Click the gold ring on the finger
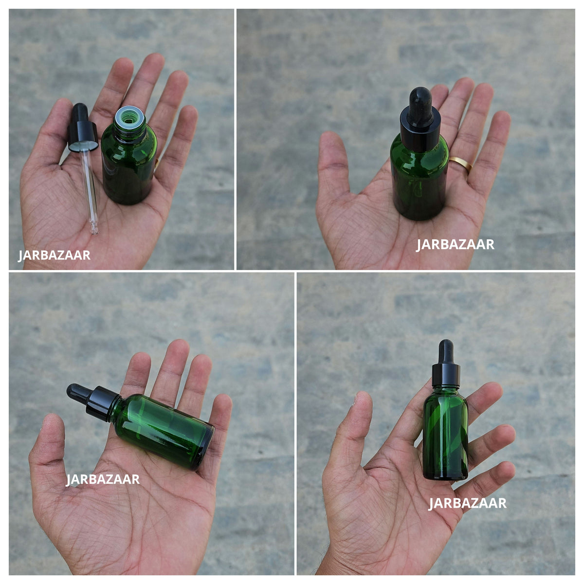coord(460,164)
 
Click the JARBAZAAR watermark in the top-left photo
coord(54,255)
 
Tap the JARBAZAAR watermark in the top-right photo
coord(455,245)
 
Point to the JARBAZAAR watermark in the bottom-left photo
coord(102,479)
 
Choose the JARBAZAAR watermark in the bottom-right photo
coord(467,503)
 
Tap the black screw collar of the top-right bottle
coord(420,131)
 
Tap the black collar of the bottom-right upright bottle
coord(446,375)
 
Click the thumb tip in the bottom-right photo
coord(363,400)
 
